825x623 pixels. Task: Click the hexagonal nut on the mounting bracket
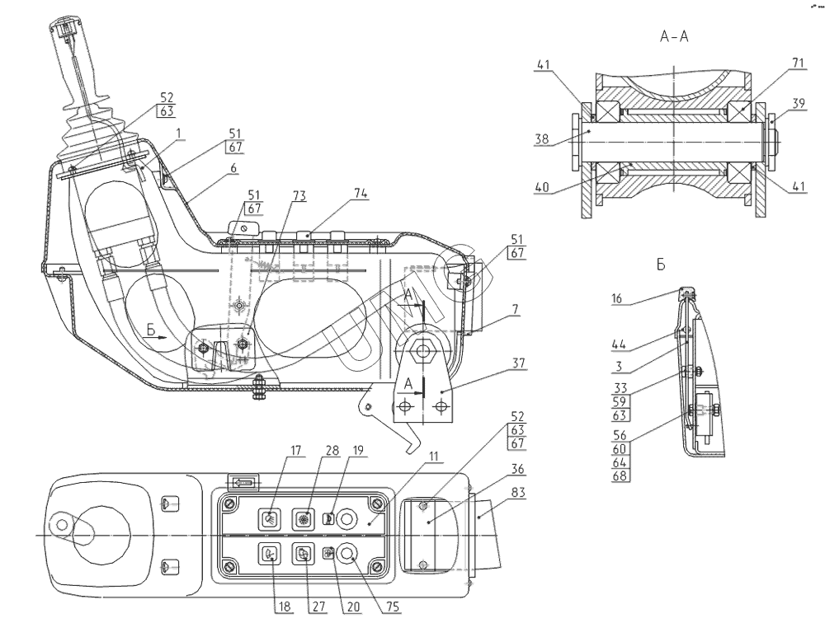(424, 350)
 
